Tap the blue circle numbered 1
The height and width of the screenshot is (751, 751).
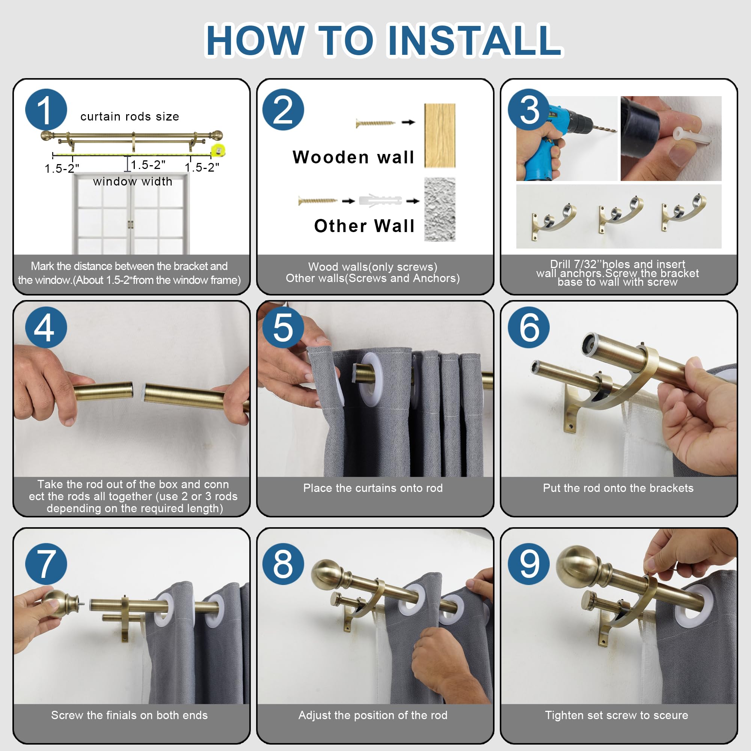tap(46, 110)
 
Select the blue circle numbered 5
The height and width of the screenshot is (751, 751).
tap(283, 327)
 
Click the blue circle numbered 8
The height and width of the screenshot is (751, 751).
tap(283, 564)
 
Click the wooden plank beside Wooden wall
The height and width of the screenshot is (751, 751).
tap(440, 136)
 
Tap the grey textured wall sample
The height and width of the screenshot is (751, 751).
tap(440, 210)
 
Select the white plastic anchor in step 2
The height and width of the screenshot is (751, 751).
tap(380, 201)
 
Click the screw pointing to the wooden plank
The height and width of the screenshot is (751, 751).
tap(375, 123)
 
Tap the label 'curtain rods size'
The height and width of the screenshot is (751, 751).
tap(130, 116)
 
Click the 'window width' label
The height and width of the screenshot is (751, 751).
tap(133, 181)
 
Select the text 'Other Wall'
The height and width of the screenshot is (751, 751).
tap(364, 226)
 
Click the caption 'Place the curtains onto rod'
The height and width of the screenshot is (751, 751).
tap(373, 488)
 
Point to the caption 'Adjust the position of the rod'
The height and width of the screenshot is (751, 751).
tap(373, 715)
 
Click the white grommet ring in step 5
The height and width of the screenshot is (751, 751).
tap(371, 380)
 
